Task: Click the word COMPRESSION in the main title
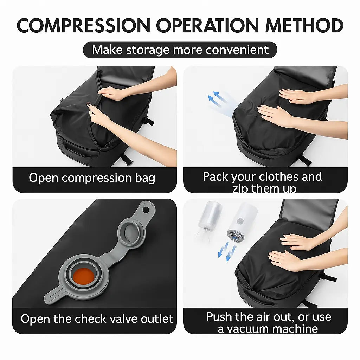point(84,25)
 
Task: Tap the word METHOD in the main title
point(304,25)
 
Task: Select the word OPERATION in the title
point(207,25)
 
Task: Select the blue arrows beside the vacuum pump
point(227,251)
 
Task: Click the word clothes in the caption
point(279,177)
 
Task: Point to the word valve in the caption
point(123,319)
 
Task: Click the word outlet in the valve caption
point(157,319)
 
